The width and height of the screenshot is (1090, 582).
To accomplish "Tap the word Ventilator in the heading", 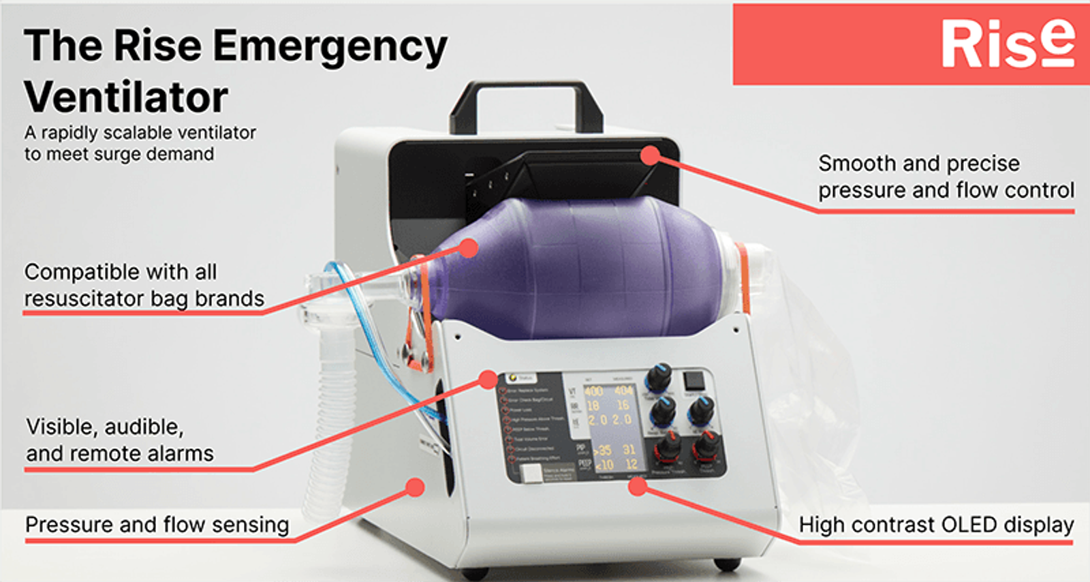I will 126,97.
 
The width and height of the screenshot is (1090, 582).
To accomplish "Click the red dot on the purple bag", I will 468,247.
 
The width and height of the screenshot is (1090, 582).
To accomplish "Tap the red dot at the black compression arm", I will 651,155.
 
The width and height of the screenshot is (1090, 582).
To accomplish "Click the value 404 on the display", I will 623,390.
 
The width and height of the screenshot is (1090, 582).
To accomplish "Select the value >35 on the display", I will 602,450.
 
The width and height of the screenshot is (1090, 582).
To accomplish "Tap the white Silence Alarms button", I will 531,473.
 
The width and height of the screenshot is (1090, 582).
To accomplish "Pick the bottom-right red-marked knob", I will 706,446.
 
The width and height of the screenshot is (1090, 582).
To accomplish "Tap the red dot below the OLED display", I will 637,486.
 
